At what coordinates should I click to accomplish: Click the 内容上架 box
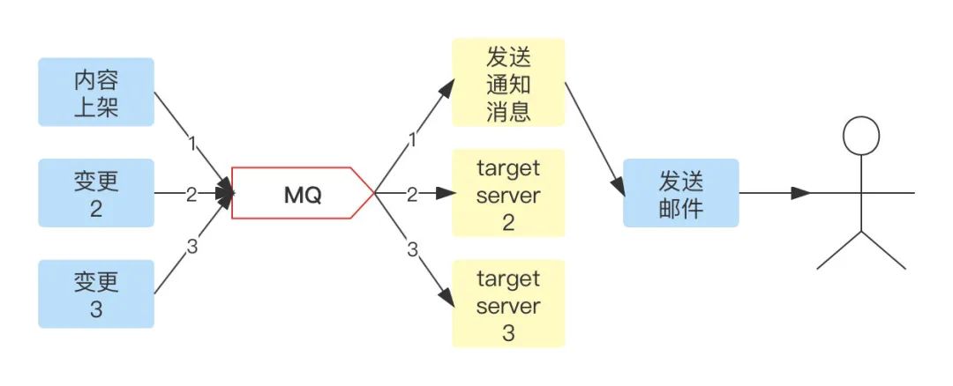pyautogui.click(x=97, y=92)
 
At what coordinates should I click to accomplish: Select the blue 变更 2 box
pyautogui.click(x=97, y=193)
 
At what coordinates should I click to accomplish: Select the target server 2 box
pyautogui.click(x=508, y=193)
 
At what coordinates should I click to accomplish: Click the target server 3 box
pyautogui.click(x=508, y=304)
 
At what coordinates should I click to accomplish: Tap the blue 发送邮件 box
pyautogui.click(x=680, y=193)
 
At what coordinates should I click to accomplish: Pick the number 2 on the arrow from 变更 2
pyautogui.click(x=191, y=194)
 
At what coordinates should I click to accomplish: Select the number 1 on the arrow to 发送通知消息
pyautogui.click(x=411, y=140)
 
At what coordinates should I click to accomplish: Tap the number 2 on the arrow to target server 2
pyautogui.click(x=411, y=194)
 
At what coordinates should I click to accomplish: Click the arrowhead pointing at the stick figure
pyautogui.click(x=801, y=193)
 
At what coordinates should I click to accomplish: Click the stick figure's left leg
pyautogui.click(x=839, y=251)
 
